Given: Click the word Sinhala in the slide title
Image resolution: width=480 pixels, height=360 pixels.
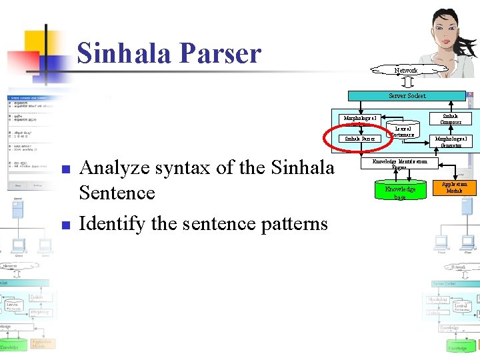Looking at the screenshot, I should [x=123, y=53].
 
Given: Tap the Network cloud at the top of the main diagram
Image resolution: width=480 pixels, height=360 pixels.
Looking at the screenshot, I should [x=405, y=70].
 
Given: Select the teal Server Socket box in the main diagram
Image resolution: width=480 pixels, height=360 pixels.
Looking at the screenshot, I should [x=407, y=95].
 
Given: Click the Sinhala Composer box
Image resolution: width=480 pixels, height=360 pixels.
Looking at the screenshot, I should [x=451, y=119].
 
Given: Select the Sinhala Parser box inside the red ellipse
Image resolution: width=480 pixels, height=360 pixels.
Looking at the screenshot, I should [x=359, y=139].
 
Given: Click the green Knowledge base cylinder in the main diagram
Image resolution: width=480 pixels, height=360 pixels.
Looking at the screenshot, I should [x=400, y=192].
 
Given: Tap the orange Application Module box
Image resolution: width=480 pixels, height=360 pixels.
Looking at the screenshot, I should [x=454, y=187].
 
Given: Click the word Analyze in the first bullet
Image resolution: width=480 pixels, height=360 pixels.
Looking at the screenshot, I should [x=116, y=168].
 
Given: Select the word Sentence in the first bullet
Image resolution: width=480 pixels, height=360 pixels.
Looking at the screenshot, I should [x=117, y=193].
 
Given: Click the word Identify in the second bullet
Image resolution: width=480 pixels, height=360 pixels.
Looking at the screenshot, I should [x=112, y=223].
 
